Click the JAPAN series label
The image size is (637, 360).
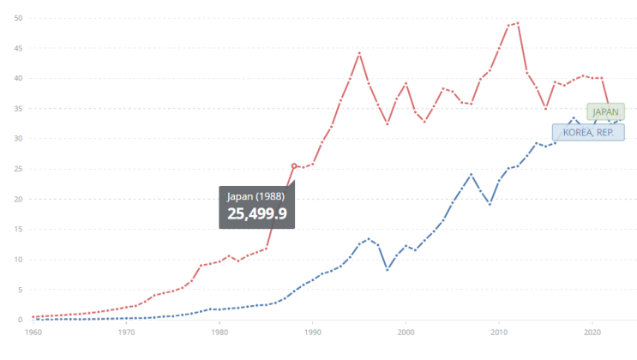[605, 111]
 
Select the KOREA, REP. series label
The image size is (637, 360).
[588, 133]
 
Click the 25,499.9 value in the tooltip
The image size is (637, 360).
[256, 213]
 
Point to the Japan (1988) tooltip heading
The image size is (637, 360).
[255, 196]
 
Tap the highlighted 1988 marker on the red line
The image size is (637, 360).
[294, 165]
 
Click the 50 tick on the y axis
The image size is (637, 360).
[18, 18]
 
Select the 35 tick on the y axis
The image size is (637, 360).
[18, 109]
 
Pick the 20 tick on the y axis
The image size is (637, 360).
[18, 199]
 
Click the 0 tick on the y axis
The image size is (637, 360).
[20, 320]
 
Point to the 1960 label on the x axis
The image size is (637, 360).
[33, 333]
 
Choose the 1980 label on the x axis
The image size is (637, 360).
[219, 333]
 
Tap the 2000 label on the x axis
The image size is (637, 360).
[406, 333]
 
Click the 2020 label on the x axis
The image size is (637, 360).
[592, 333]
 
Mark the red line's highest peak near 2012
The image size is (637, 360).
[518, 23]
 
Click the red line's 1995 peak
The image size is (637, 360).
[359, 53]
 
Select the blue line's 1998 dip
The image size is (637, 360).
[388, 270]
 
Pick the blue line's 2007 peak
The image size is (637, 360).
[472, 175]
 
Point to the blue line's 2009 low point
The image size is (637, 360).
[490, 204]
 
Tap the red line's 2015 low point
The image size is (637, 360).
[545, 109]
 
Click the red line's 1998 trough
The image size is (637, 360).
[388, 124]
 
